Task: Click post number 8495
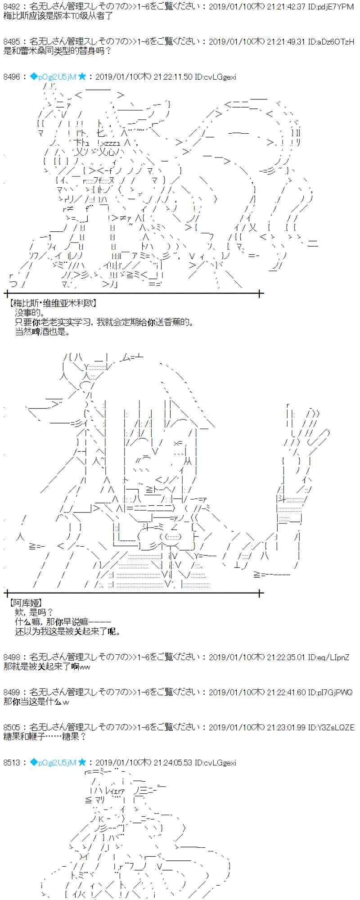pos(11,41)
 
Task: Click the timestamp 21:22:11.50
pos(173,77)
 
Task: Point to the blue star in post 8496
pos(82,77)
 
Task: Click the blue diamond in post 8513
pos(34,762)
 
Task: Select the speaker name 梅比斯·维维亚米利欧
pos(53,304)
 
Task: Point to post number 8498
pos(11,657)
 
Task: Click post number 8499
pos(11,692)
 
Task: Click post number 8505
pos(11,727)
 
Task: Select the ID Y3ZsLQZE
pos(336,727)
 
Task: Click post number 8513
pos(11,762)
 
